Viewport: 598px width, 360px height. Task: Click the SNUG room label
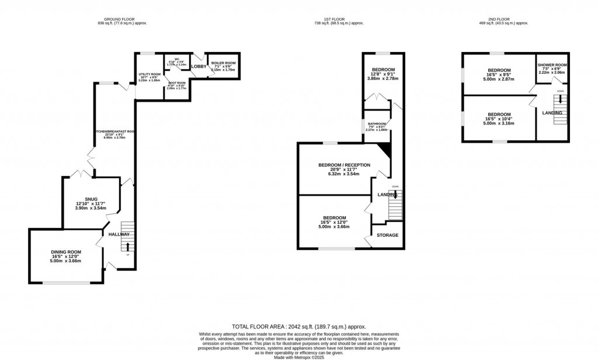click(91, 199)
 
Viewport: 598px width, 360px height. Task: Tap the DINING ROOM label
click(65, 252)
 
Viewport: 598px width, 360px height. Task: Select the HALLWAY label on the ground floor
click(119, 234)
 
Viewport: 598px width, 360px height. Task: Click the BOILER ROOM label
click(223, 63)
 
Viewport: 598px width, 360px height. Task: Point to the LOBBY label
click(199, 67)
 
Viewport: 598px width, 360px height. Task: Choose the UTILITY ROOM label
click(149, 74)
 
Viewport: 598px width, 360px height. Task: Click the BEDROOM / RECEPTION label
click(344, 165)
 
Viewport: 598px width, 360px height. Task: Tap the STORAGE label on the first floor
click(387, 235)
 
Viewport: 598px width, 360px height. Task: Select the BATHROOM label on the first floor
click(377, 123)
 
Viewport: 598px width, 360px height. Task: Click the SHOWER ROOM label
click(552, 65)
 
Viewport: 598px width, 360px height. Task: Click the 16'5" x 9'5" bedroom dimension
click(499, 74)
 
